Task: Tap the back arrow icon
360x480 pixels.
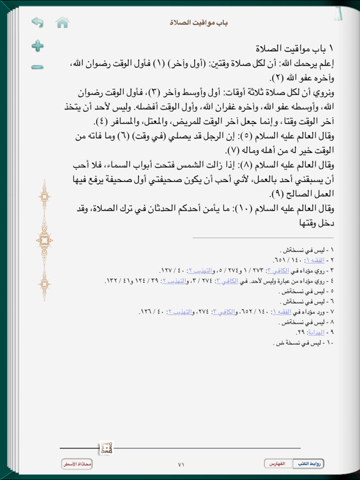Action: [x=37, y=23]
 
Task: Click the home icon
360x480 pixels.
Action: [x=62, y=23]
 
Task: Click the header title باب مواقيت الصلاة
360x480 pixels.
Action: [x=199, y=22]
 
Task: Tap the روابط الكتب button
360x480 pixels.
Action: [x=311, y=463]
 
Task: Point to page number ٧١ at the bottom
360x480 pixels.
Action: [x=181, y=464]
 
